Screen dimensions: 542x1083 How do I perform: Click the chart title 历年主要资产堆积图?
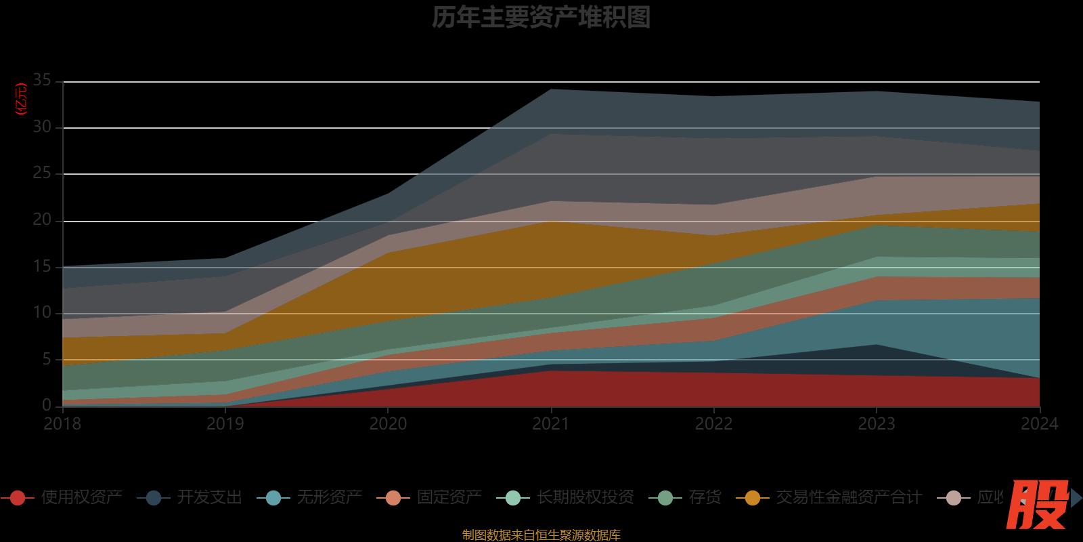tap(541, 17)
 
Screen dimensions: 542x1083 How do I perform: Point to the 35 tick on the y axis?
tap(42, 81)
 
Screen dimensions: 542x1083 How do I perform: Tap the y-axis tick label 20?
tap(42, 220)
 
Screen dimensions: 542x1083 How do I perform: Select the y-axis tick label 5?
tap(47, 359)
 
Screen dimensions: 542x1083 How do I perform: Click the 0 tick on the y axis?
tap(47, 405)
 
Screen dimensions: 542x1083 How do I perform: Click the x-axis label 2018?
tap(62, 424)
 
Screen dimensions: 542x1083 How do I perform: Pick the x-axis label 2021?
tap(550, 424)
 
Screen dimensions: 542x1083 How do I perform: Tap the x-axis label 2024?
tap(1039, 424)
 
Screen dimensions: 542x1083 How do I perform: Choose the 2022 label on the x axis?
tap(713, 424)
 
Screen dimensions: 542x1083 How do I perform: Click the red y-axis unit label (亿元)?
tap(21, 99)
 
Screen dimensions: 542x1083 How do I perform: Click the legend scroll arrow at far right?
tap(1076, 498)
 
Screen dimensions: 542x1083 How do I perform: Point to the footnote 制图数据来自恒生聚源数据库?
tap(541, 535)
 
